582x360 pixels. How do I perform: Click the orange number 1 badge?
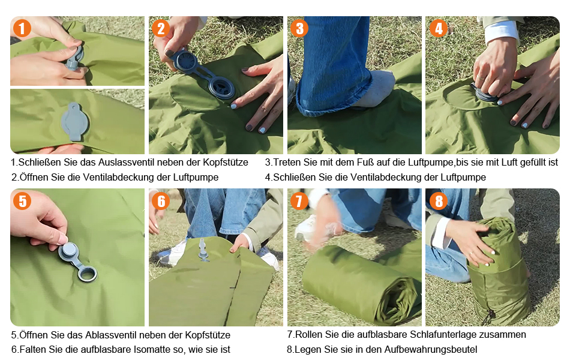pyautogui.click(x=22, y=29)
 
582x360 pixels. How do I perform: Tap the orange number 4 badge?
pyautogui.click(x=439, y=29)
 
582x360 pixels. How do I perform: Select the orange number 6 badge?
pyautogui.click(x=161, y=201)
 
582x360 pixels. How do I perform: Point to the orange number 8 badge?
pyautogui.click(x=439, y=201)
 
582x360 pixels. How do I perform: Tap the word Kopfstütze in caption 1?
pyautogui.click(x=226, y=163)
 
